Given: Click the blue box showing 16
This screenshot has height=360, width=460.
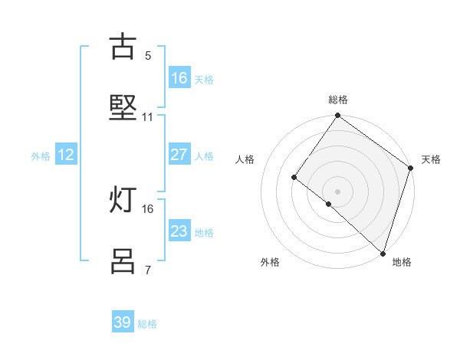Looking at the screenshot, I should click(x=179, y=78).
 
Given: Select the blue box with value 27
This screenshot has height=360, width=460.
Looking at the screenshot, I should click(x=179, y=155).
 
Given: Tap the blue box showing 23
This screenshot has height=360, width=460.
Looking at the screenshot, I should click(x=179, y=231).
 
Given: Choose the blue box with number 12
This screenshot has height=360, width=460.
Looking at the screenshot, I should click(x=66, y=155).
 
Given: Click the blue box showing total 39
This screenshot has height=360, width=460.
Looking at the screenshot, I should click(x=123, y=322).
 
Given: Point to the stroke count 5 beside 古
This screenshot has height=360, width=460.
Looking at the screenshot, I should click(x=148, y=55).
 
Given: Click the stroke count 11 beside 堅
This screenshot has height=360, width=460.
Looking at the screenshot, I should click(x=148, y=117).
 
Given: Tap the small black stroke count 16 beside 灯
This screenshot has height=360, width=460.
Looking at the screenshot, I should click(x=148, y=208).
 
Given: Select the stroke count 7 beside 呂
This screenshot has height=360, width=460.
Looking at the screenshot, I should click(x=148, y=270).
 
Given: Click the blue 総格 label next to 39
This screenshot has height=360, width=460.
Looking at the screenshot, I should click(x=147, y=324).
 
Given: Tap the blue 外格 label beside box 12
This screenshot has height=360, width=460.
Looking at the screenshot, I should click(x=41, y=156).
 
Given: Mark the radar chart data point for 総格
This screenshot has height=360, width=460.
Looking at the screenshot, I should click(x=337, y=116).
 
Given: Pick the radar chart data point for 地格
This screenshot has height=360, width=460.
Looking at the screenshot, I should click(x=383, y=253).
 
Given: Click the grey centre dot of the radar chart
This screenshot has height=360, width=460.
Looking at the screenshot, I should click(x=337, y=191).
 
